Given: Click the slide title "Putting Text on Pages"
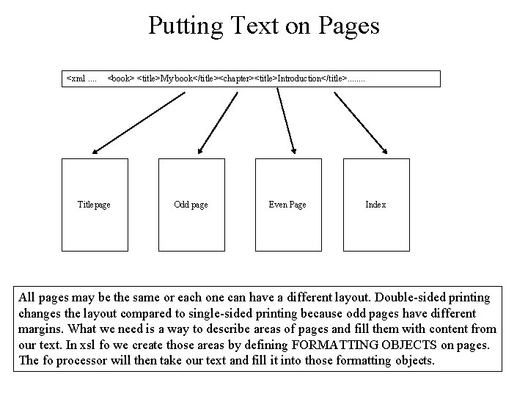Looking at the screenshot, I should pos(264,26).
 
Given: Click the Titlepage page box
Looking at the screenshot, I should pos(94,205).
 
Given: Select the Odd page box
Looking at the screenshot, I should pos(191,205).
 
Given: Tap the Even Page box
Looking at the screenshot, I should pos(287,205).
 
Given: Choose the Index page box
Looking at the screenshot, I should pos(375,205).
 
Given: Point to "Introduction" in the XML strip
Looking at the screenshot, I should pos(300,78).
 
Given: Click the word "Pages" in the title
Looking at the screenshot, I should pos(350,26).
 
